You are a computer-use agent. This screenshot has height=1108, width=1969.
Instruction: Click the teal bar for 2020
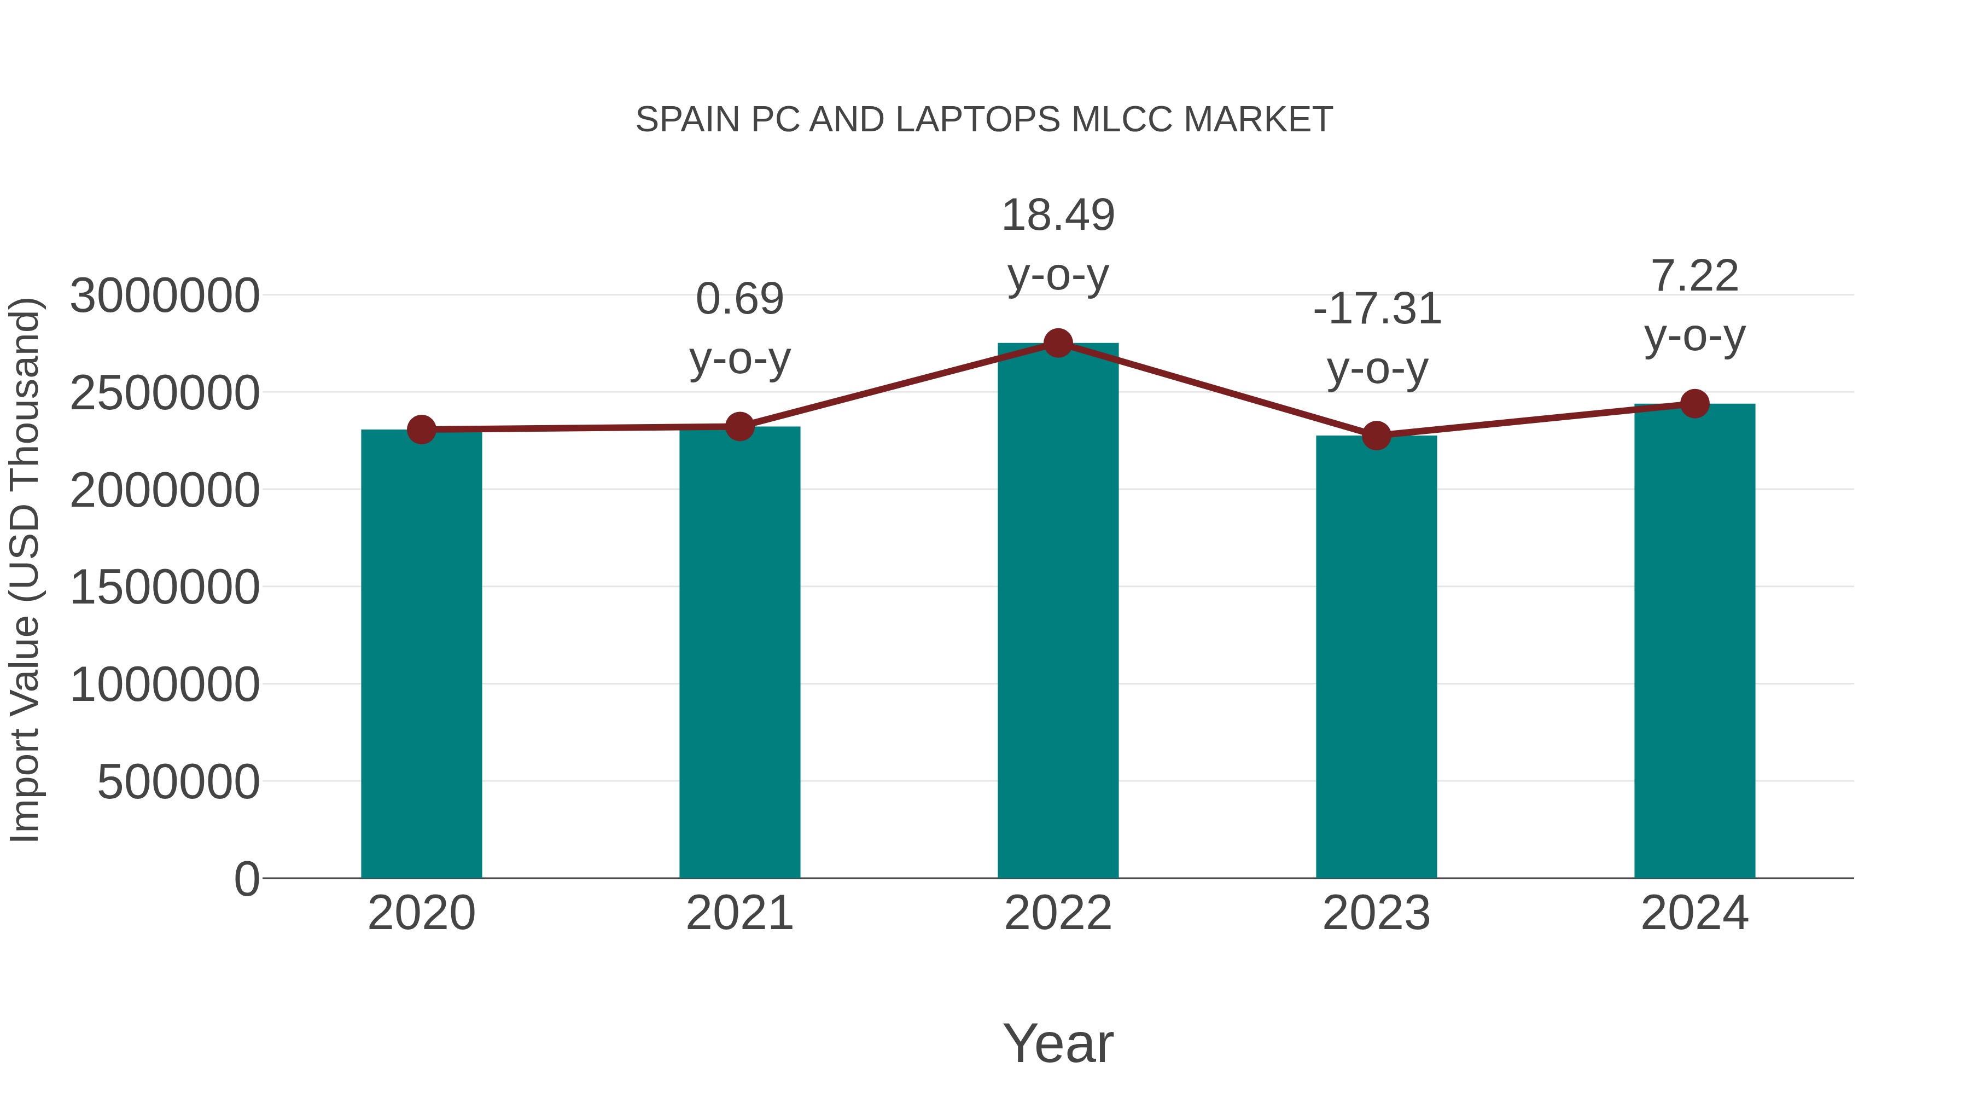(421, 654)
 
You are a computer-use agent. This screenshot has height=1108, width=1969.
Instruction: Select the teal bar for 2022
(1058, 612)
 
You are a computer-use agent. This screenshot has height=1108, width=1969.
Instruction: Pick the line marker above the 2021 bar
(739, 427)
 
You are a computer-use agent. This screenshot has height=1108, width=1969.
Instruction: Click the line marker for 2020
(421, 430)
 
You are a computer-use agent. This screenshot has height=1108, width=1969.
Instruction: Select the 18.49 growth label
(1058, 215)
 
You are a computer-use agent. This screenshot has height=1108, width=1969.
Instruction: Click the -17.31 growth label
(1377, 309)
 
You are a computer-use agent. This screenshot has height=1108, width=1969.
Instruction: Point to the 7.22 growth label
(1694, 276)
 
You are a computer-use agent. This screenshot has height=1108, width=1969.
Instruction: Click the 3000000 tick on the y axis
(164, 297)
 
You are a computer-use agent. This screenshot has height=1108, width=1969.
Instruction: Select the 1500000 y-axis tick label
(164, 588)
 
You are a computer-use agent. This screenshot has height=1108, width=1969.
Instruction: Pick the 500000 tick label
(178, 782)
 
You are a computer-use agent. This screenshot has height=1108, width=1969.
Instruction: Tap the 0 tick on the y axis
(246, 879)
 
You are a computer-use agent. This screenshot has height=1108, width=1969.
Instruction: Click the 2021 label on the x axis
(739, 914)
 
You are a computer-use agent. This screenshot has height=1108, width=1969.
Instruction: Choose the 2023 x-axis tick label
(1376, 914)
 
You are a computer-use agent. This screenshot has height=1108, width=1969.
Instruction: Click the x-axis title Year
(1058, 1044)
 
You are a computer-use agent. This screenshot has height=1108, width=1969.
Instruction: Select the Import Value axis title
(25, 570)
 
